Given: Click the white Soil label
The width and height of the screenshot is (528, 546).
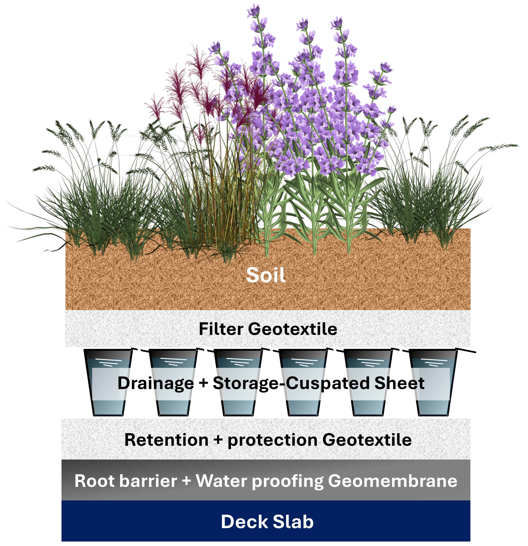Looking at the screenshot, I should click(266, 275).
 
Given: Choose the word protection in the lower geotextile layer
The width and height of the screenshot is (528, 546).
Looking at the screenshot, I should click(272, 440).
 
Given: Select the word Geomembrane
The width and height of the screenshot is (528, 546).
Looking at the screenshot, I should click(393, 481).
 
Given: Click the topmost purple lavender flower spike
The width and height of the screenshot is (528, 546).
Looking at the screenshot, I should click(253, 11).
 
